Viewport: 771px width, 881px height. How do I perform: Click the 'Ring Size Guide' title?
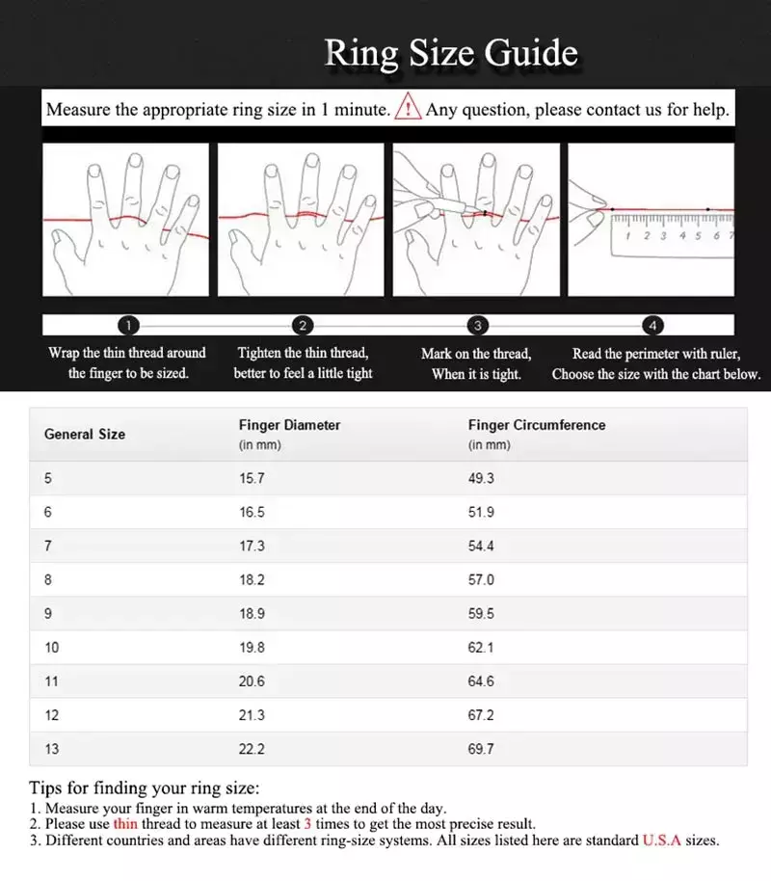pos(451,54)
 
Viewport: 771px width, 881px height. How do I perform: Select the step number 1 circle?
pos(131,326)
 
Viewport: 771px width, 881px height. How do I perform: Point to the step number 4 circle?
pos(653,326)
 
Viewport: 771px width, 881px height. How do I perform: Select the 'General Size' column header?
pos(85,435)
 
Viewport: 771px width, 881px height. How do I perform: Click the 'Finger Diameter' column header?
pos(289,425)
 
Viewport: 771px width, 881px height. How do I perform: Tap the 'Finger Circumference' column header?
pos(537,425)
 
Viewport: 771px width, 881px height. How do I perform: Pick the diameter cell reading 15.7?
pos(253,479)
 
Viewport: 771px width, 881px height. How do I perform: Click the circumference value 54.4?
pos(481,547)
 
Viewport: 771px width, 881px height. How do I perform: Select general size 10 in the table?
pos(52,648)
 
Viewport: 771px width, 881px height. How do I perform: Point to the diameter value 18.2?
pos(253,580)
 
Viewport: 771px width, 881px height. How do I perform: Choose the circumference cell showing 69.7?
pos(481,749)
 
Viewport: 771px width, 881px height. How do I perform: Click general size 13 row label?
pos(52,749)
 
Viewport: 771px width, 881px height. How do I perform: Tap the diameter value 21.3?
pos(253,715)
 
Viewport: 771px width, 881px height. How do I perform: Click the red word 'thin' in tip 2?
pos(125,825)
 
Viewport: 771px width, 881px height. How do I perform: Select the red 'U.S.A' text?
pos(661,841)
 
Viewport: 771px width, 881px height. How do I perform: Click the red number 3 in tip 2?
pos(307,825)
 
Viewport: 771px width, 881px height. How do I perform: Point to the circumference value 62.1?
pos(481,648)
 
